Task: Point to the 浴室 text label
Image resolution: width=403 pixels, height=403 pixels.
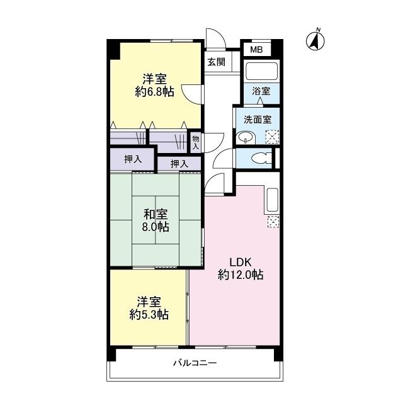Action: point(261,91)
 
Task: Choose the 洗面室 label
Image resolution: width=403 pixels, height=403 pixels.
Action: point(258,119)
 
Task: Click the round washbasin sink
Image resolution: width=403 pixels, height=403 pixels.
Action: point(245,138)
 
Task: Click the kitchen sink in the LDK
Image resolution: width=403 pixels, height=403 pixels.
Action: point(273,200)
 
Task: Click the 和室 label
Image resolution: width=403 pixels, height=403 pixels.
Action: point(156,214)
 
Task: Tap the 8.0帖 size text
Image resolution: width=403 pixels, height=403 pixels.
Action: point(156,227)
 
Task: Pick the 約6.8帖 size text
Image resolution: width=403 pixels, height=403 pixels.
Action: point(154,92)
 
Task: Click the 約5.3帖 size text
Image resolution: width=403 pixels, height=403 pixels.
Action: point(149,314)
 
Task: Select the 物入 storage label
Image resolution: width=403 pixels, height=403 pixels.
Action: point(195,142)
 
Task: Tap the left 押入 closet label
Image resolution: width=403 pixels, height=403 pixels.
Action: point(132,159)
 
